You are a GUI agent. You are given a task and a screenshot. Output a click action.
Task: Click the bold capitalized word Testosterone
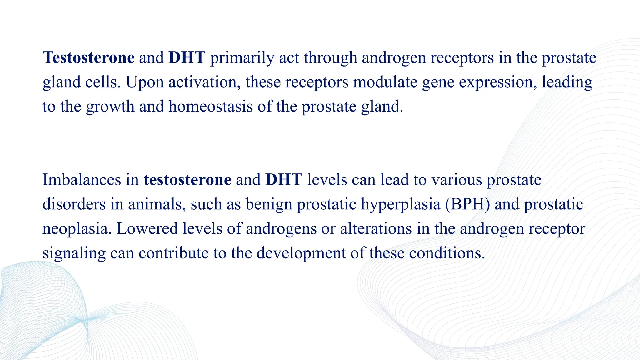[88, 57]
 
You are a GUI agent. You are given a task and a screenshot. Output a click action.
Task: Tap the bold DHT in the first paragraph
[187, 57]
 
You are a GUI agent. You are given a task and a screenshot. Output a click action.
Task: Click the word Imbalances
[82, 180]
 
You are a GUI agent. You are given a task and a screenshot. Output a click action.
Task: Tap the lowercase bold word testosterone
[187, 180]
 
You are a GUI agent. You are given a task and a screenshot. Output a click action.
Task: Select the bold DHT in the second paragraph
[283, 180]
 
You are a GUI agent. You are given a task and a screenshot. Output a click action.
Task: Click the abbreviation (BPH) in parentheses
[467, 204]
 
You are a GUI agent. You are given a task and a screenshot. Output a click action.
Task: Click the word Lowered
[147, 228]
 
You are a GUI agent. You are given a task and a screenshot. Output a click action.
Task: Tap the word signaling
[74, 253]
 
